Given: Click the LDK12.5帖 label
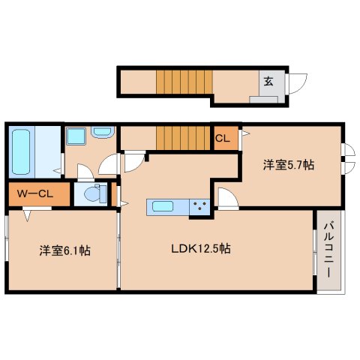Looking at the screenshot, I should coord(199,248).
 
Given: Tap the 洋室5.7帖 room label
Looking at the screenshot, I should coord(287,164).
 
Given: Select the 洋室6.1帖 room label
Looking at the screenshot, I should coord(65,251).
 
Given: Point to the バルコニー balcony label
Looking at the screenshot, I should coord(328,248).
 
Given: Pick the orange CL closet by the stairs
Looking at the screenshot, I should coord(223,139).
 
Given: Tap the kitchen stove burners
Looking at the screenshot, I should coord(199,205).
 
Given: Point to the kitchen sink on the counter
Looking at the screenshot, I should coord(162,205).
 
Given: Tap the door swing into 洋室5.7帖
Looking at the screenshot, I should coord(226,198).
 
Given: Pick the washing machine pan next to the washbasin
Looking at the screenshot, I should coord(76,136).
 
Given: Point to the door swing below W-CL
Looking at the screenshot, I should coord(28,216).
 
